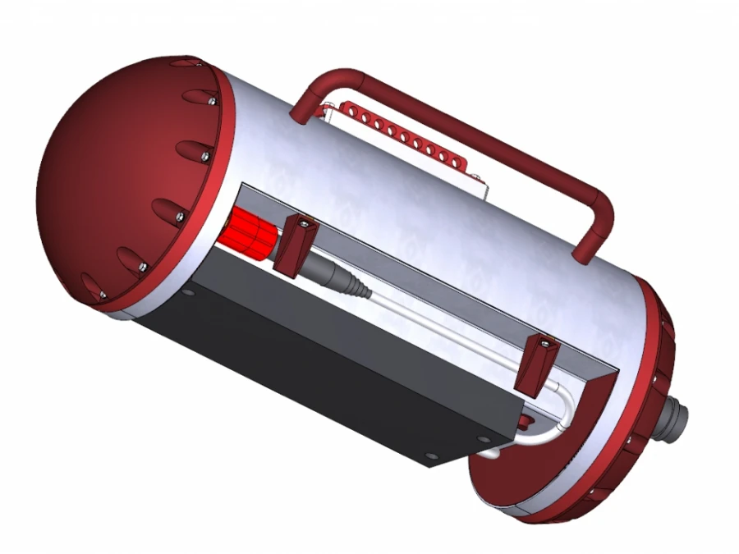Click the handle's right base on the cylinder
pyautogui.click(x=584, y=253)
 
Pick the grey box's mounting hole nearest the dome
pyautogui.click(x=189, y=291)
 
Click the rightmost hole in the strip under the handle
pyautogui.click(x=462, y=161)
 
